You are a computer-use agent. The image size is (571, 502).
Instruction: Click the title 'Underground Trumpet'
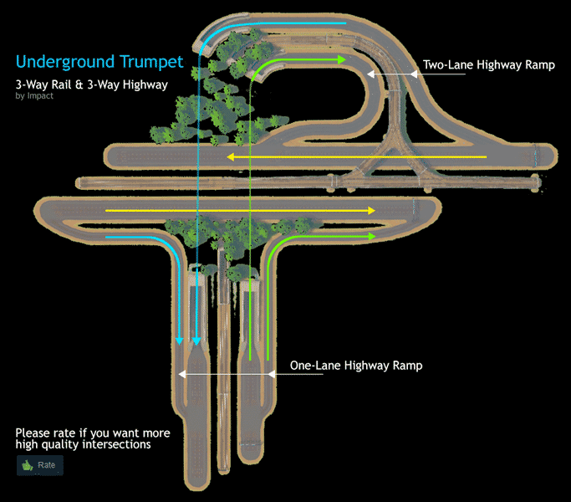tap(99, 62)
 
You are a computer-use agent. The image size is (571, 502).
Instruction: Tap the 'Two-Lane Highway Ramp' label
tap(489, 64)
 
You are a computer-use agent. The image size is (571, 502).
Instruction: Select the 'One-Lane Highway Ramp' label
tap(356, 366)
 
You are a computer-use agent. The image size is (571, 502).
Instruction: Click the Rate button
tap(40, 465)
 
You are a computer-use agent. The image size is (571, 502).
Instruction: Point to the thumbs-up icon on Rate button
tap(28, 465)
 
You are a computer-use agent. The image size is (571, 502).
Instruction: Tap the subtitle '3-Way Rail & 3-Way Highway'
tap(91, 85)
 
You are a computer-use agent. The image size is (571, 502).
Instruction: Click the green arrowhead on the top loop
tap(341, 60)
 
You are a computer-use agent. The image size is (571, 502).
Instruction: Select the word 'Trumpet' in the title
tap(153, 62)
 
